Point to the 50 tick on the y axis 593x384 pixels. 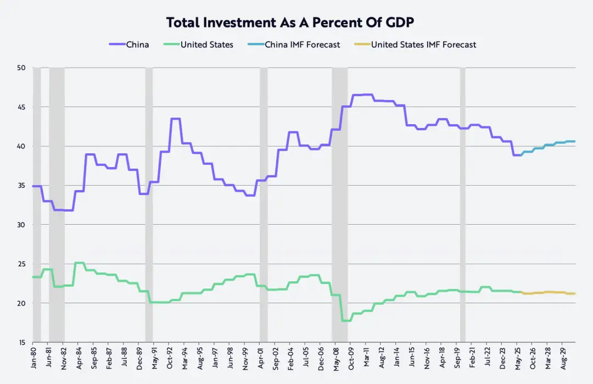click(21, 68)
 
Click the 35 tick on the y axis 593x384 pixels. click(21, 186)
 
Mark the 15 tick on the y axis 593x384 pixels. click(21, 342)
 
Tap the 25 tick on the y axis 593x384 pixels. click(21, 264)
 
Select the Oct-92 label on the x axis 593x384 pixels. click(171, 358)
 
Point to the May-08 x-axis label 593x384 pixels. click(335, 358)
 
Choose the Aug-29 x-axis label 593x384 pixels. click(562, 358)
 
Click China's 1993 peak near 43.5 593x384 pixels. click(176, 119)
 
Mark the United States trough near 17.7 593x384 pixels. click(346, 320)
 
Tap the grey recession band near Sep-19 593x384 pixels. click(463, 203)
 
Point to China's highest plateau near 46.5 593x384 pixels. click(362, 95)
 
